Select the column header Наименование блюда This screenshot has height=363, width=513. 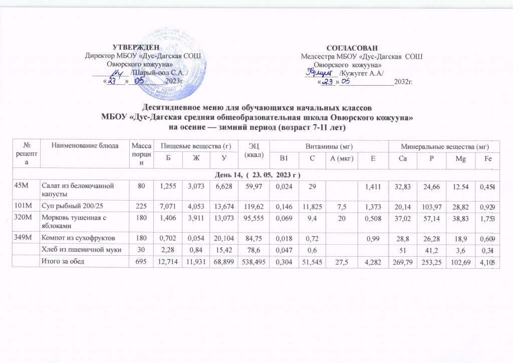coord(85,146)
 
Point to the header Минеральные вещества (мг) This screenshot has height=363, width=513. coord(445,146)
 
